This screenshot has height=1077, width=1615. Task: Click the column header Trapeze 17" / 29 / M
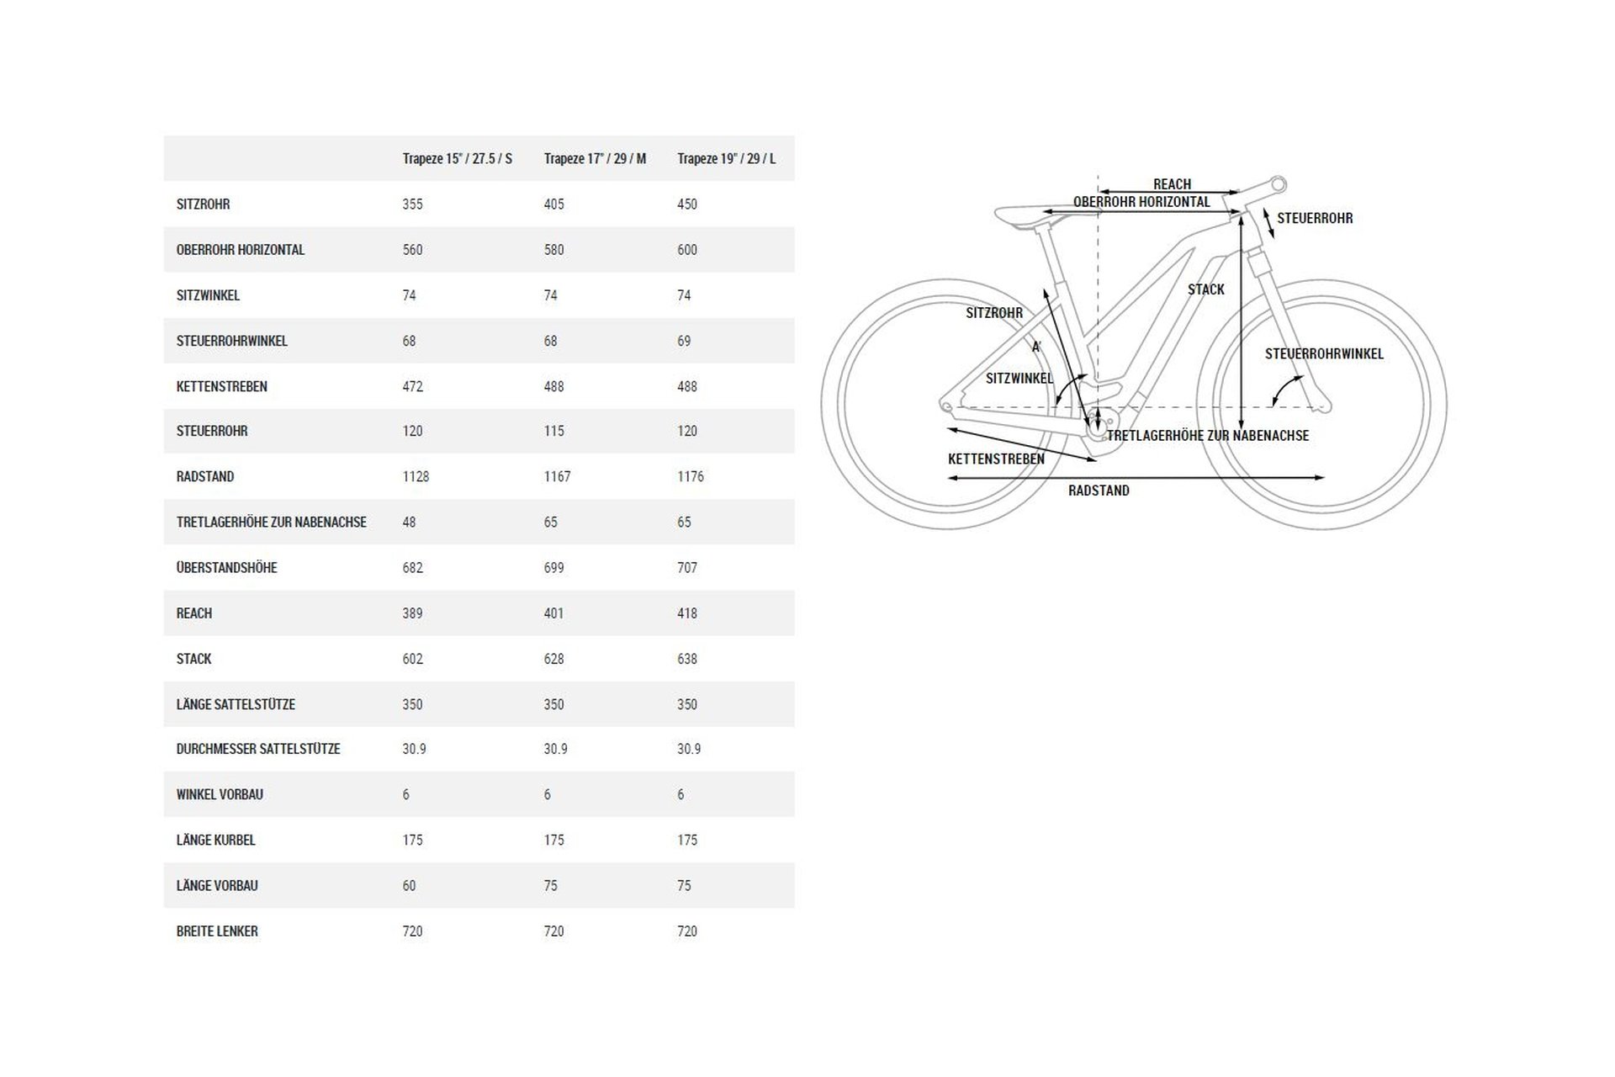(x=595, y=158)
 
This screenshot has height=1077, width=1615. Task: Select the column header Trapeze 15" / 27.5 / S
(x=457, y=158)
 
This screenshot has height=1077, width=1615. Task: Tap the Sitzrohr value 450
(x=687, y=204)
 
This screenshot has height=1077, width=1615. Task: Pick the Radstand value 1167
(x=557, y=476)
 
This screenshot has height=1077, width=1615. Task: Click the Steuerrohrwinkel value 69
(x=684, y=341)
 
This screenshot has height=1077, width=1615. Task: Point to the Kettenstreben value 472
(x=412, y=386)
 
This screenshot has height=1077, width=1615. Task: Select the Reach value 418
(x=687, y=613)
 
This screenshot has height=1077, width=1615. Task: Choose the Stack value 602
(x=412, y=659)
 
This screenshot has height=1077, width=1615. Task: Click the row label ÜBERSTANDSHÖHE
(x=226, y=568)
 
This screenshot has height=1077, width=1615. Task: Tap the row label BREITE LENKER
(x=217, y=931)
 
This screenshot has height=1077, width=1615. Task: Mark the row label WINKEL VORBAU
(x=220, y=794)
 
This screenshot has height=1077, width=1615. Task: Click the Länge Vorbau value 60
(x=409, y=886)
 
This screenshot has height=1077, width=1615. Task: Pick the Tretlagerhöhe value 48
(x=409, y=523)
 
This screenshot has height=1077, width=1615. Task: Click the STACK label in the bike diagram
(x=1206, y=289)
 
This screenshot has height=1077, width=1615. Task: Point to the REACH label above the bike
(x=1172, y=184)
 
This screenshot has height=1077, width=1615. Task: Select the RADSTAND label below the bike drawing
(x=1099, y=491)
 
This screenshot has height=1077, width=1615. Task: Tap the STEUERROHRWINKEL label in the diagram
(x=1324, y=354)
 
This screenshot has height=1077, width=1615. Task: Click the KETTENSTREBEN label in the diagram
(x=996, y=459)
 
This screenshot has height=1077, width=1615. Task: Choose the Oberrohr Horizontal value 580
(x=553, y=250)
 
